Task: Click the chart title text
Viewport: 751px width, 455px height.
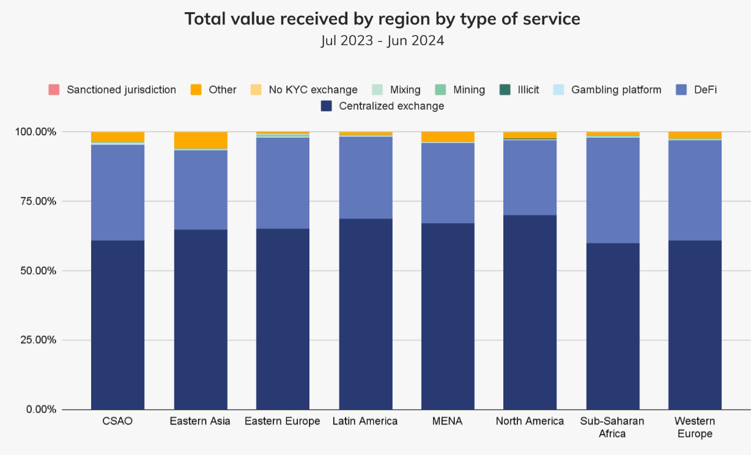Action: (x=382, y=19)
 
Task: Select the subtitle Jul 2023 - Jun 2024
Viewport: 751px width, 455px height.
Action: (x=382, y=41)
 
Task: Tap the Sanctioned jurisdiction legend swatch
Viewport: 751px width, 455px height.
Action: (x=54, y=90)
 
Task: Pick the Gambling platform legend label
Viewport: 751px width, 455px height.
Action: (x=616, y=90)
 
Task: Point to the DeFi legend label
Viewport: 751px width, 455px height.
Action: (x=705, y=90)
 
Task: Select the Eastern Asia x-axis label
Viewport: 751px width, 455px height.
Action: (x=200, y=421)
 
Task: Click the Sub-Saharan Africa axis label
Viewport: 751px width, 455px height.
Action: (x=612, y=427)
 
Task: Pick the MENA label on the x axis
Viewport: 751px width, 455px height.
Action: (x=448, y=421)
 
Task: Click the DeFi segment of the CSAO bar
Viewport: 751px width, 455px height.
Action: (x=118, y=193)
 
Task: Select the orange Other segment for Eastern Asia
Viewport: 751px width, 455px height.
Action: (x=201, y=140)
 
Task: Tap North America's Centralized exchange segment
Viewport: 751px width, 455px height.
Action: (x=530, y=312)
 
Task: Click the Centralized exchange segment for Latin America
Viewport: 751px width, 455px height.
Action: (x=365, y=314)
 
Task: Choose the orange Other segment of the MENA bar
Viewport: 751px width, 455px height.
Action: (x=448, y=136)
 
